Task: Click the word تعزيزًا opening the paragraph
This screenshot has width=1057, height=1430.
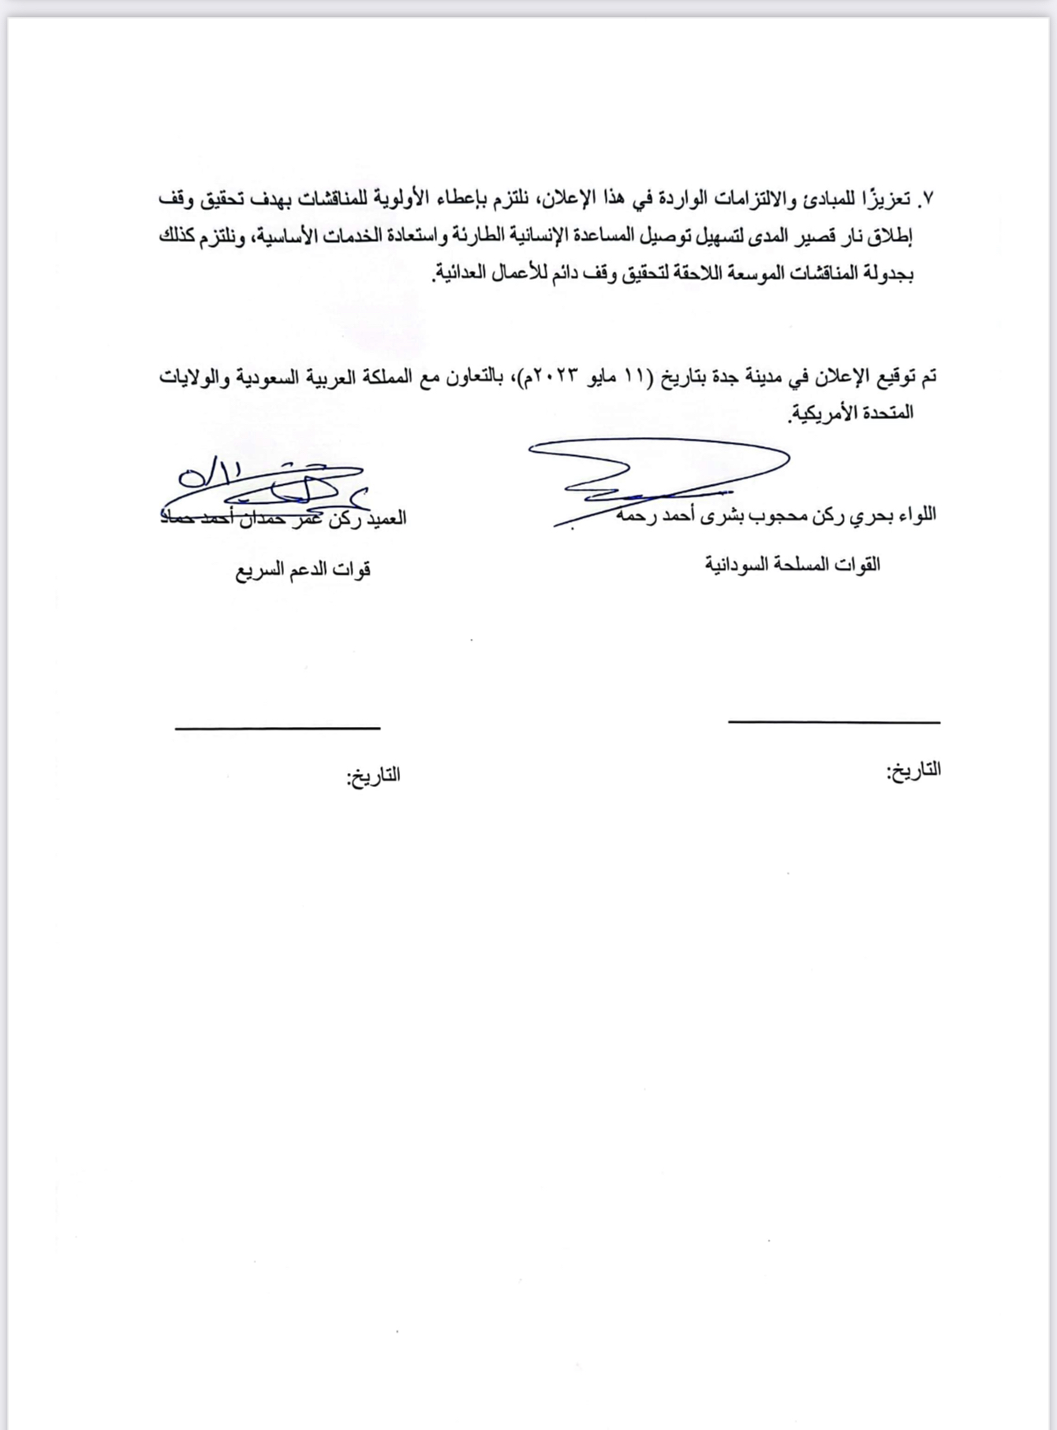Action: point(890,199)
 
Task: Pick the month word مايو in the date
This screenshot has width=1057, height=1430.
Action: point(612,378)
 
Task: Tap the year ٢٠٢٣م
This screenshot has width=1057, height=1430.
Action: point(556,378)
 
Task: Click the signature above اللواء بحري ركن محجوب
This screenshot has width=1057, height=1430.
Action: point(659,477)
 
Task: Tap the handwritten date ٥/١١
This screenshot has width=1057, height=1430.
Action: point(210,474)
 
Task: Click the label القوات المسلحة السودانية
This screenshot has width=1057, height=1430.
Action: point(793,565)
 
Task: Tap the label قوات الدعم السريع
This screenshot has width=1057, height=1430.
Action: point(303,570)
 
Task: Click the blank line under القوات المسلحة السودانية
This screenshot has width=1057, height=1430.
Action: point(834,722)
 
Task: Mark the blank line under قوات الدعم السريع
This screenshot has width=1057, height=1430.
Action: point(277,728)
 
